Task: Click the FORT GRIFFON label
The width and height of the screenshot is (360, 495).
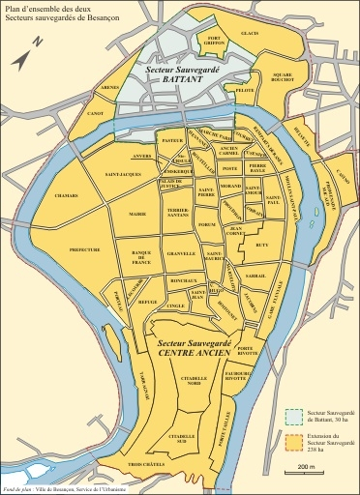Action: (212, 42)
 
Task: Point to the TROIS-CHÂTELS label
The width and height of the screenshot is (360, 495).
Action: (143, 467)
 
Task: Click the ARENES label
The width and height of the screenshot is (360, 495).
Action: (107, 88)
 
